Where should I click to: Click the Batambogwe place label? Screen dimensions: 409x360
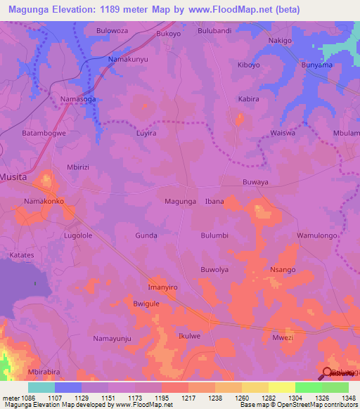[x=44, y=132]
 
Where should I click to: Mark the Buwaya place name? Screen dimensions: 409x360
[x=255, y=181]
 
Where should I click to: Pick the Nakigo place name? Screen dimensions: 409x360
[x=280, y=41]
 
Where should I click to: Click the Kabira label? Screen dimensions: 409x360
[x=248, y=99]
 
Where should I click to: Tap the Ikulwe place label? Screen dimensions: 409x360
[x=190, y=336]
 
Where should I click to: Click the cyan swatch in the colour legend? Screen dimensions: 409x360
[x=41, y=387]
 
